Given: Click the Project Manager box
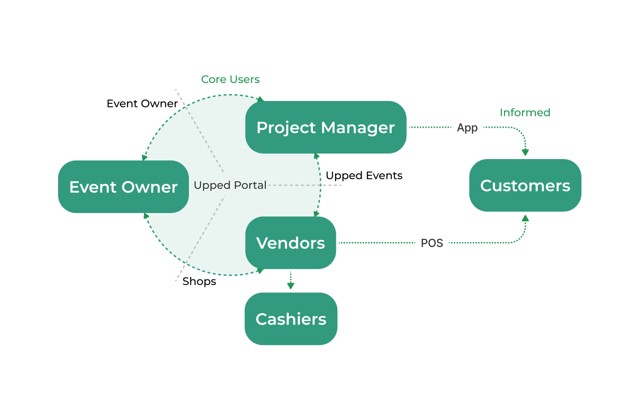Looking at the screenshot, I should pos(326,127).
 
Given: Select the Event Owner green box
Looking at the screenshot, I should pos(123,187).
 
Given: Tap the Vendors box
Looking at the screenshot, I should pos(291,243).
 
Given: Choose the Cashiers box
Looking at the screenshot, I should pos(291,319).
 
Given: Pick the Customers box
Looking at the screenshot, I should pos(525,185).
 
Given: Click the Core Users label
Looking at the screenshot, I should pos(230,79).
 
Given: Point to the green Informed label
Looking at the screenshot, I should pos(525,113).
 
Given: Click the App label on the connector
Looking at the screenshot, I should pos(467,128).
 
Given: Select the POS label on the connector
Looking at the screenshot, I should pos(432,243).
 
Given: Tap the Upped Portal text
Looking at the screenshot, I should pos(230,185).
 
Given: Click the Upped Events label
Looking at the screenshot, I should pos(364,176).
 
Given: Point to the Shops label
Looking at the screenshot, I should pos(199,281).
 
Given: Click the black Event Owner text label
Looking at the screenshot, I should pos(142,104).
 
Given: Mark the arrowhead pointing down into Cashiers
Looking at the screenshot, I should pos(291,286).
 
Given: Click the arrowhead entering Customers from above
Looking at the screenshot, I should pos(525,153).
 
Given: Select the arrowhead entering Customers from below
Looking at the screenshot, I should pos(525,218).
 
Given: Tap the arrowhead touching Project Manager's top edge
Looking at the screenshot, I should pos(261,99).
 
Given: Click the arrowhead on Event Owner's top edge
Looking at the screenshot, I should pos(145,157).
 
